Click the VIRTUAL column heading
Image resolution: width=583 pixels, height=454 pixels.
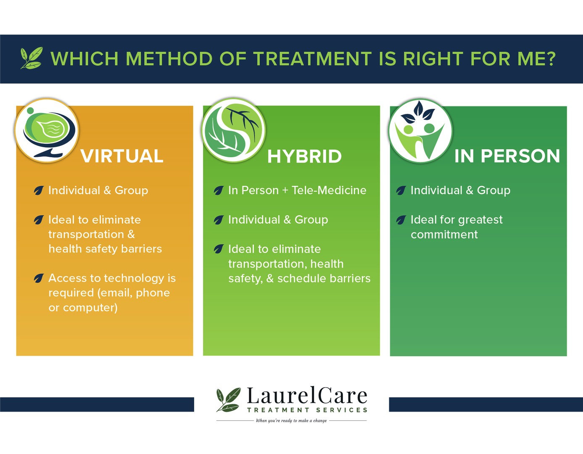coord(122,156)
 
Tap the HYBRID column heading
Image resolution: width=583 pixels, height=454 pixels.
coord(304,156)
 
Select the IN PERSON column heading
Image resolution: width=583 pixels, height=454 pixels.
coord(507,156)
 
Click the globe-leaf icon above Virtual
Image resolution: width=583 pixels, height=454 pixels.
coord(47,130)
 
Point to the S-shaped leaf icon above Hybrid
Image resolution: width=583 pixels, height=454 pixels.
coord(233,130)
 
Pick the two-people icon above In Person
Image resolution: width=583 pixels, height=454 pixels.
coord(420,131)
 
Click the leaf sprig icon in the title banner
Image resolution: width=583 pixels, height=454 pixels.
coord(32,58)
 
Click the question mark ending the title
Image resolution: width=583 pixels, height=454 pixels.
coord(550,59)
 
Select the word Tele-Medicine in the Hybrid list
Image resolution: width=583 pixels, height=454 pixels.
coord(329,190)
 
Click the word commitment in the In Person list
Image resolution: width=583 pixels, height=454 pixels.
coord(444,235)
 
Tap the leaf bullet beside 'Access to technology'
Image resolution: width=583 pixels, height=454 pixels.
coord(39,278)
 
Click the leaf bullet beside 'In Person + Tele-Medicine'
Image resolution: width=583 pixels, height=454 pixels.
coord(219,190)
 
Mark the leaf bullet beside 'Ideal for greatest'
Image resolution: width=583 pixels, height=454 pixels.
coord(401,220)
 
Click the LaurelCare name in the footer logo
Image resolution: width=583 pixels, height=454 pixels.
coord(307,395)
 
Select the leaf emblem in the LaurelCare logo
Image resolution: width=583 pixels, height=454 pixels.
coord(229,399)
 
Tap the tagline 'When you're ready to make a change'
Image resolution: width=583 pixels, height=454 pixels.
coord(291,420)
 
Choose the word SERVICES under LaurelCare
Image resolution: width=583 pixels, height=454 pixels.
coord(342,410)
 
